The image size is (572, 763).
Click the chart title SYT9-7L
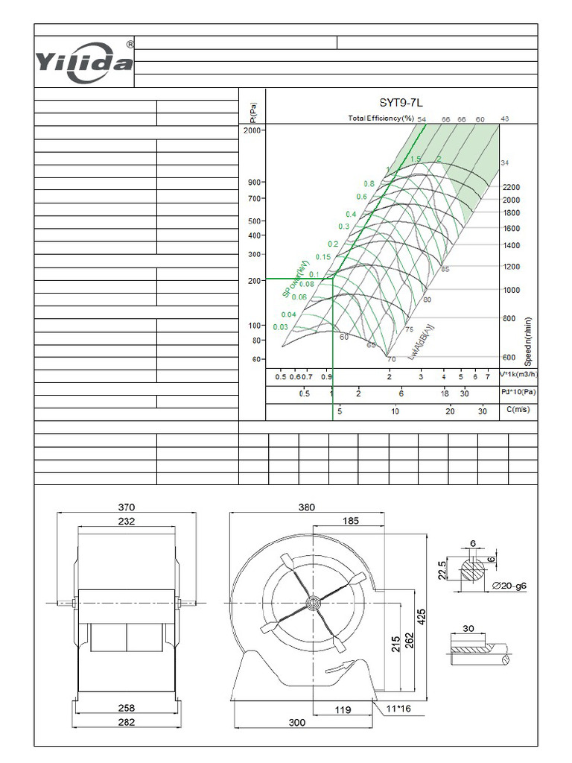401,104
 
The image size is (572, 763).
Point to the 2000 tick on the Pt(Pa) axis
252,130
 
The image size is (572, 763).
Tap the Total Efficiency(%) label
381,118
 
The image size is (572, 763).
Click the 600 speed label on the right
509,358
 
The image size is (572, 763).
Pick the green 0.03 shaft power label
281,327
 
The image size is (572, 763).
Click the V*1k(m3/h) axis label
517,376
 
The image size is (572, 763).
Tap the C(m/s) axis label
516,411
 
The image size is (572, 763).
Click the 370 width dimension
127,507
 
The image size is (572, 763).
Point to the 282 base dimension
127,722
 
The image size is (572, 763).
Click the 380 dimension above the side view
306,507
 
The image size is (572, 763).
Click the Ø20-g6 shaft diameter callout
509,587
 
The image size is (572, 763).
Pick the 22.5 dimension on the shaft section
442,570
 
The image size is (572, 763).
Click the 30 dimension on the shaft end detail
468,628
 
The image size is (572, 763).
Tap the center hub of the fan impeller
311,601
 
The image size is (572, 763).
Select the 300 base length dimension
297,722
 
